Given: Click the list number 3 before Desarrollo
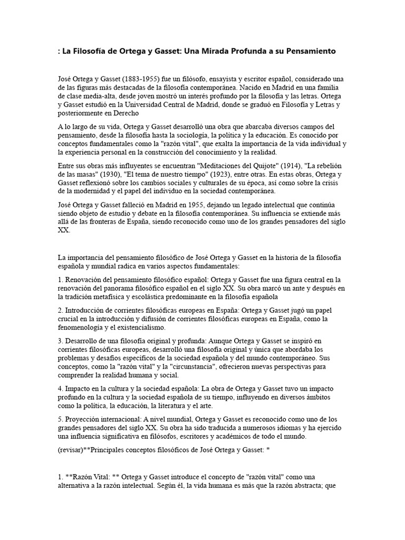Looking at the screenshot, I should (60, 341).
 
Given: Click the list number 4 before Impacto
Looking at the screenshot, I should (60, 388).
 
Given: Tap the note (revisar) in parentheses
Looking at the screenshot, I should (72, 452).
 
